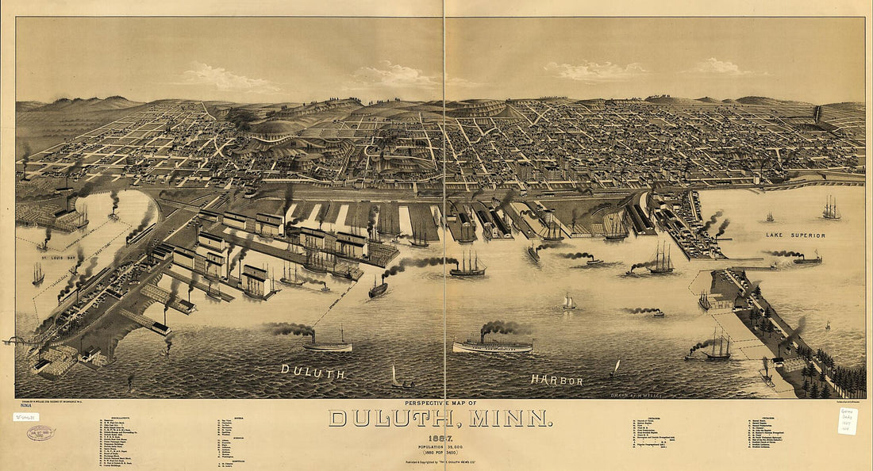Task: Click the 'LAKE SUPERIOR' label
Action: (x=795, y=235)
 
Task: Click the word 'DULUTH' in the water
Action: (x=313, y=371)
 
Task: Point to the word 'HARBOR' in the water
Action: (x=557, y=381)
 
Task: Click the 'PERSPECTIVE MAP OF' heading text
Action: (x=440, y=403)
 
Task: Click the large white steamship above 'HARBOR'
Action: (x=493, y=345)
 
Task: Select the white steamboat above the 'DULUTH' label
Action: (x=327, y=345)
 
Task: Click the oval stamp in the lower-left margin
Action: (x=40, y=432)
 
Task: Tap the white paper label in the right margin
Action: (x=848, y=420)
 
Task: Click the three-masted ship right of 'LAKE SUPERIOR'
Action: (x=831, y=209)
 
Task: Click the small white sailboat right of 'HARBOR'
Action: (x=616, y=369)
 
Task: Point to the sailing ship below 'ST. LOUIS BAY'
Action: (x=38, y=274)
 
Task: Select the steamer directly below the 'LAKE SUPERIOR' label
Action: (x=807, y=258)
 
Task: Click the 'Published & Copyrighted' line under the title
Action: (x=440, y=461)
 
